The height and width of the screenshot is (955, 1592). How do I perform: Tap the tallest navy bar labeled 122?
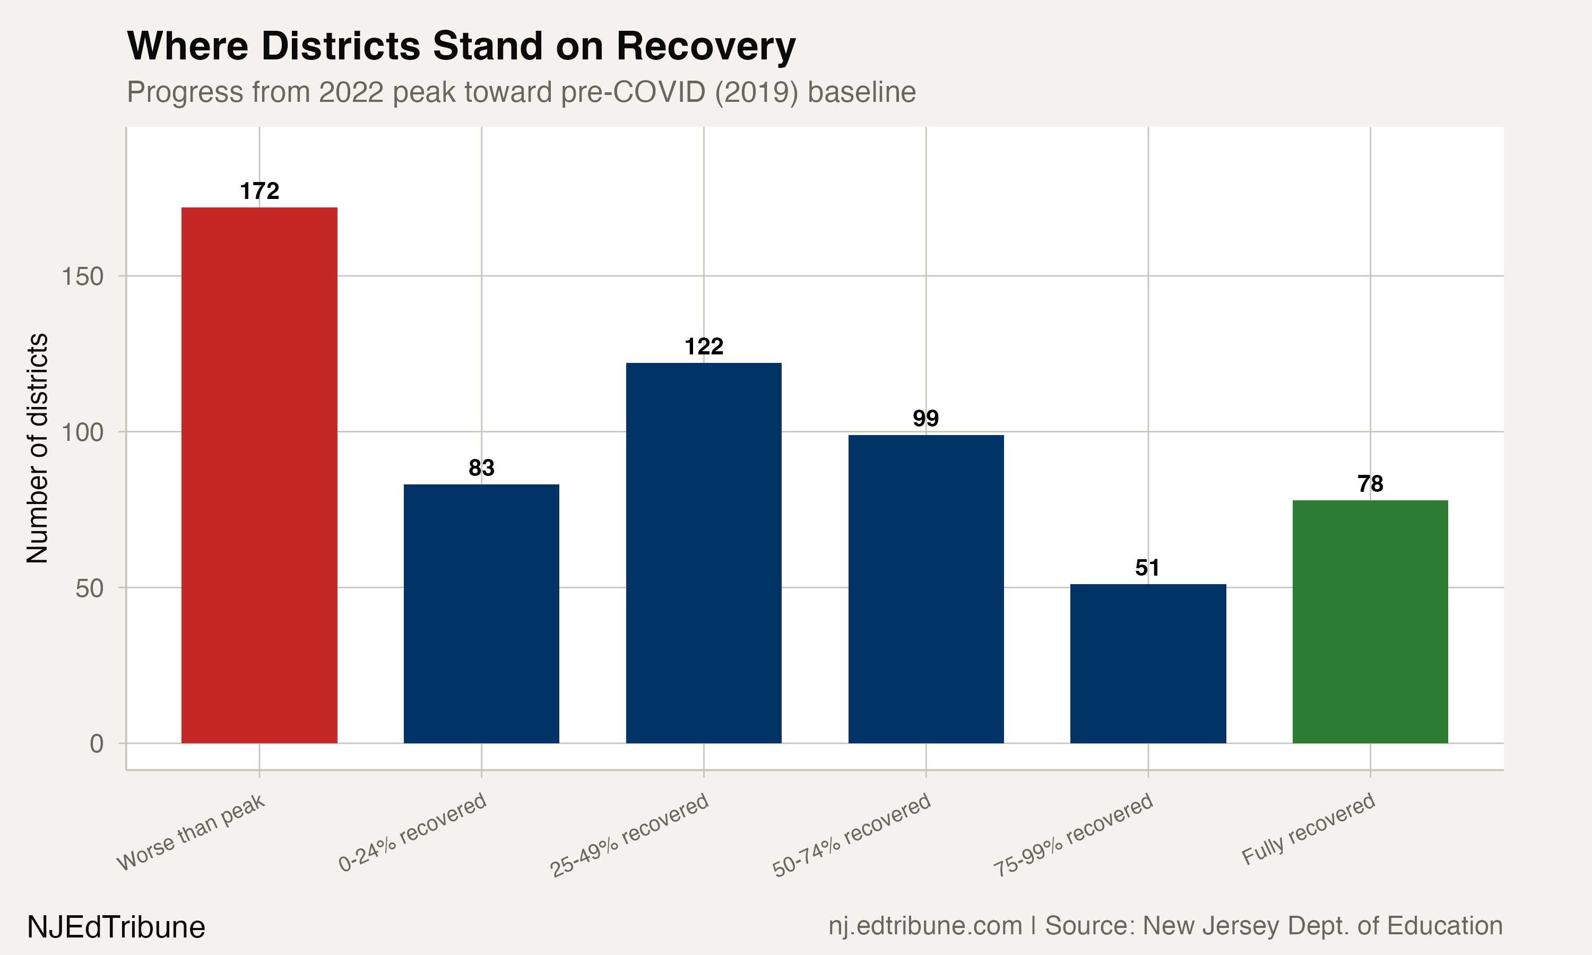[x=703, y=553]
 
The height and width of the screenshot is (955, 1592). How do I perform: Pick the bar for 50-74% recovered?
[x=925, y=589]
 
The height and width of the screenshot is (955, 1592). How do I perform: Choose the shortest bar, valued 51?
[x=1148, y=664]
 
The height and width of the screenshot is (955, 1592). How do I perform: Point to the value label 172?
[x=259, y=191]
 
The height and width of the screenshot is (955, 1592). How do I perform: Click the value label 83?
[x=481, y=468]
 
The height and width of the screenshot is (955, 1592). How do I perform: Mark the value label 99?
[x=925, y=418]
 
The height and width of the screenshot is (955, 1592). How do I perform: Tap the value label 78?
[x=1370, y=484]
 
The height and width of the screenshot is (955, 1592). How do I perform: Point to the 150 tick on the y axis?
[x=82, y=277]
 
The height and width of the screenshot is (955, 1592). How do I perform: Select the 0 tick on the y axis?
[x=97, y=744]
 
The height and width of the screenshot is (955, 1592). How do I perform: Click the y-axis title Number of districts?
[x=37, y=448]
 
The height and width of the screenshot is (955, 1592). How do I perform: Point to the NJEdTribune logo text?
[x=116, y=927]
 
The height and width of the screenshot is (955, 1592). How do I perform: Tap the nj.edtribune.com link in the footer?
[x=925, y=925]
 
